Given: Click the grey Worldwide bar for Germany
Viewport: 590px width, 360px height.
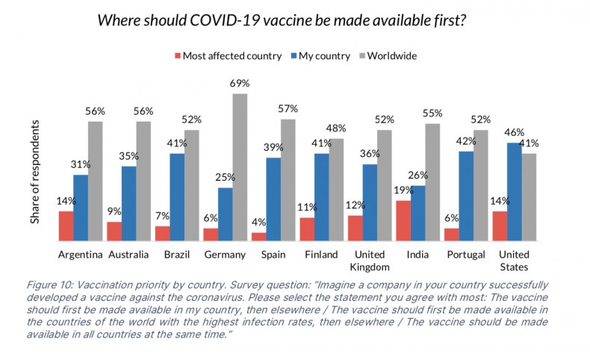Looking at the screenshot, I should coord(240,167).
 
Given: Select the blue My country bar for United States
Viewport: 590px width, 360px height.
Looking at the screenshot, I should coord(515,192).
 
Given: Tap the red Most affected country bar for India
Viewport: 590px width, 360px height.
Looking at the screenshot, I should coord(403,221).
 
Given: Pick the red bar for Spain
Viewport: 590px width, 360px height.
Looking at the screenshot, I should coord(258,237).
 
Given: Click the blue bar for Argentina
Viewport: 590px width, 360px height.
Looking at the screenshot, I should coord(80,208).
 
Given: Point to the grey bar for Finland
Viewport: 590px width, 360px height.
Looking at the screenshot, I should coord(337,190).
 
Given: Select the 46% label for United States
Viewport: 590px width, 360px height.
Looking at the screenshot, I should coord(515,133).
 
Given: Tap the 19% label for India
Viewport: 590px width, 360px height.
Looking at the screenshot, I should coord(403,190).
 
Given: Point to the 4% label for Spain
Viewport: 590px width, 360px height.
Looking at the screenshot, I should coord(258,223).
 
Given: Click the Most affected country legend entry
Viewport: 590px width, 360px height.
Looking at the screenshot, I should coord(228,55).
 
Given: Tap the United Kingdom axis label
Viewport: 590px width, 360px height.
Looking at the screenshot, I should coord(370,261).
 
